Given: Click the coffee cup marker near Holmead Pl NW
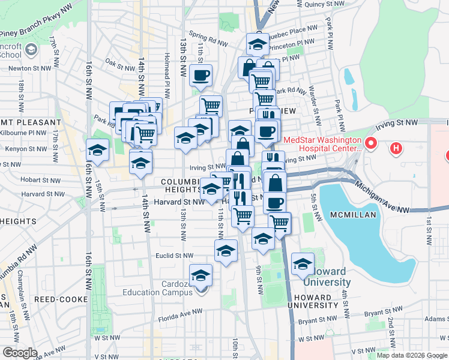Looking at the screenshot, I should [x=200, y=76].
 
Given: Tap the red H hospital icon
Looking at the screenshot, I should [x=396, y=148].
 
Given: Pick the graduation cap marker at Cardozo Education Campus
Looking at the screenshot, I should [x=201, y=275].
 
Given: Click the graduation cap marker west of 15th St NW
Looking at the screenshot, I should [x=98, y=150].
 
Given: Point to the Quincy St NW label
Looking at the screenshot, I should [x=324, y=4].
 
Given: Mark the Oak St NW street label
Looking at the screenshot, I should [x=118, y=61].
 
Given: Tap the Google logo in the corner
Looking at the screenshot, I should [x=20, y=352].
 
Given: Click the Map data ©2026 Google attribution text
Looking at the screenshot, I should [x=411, y=355].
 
